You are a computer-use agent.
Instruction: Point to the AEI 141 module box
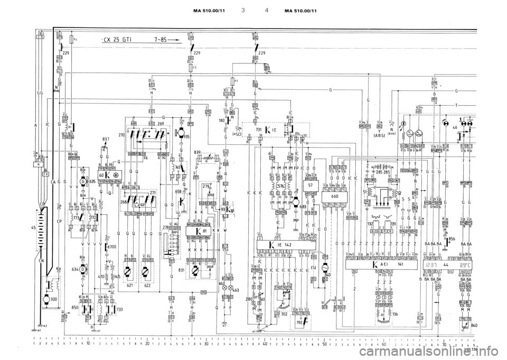click(384, 264)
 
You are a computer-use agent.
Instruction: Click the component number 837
click(106, 139)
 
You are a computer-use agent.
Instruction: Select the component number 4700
click(112, 247)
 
